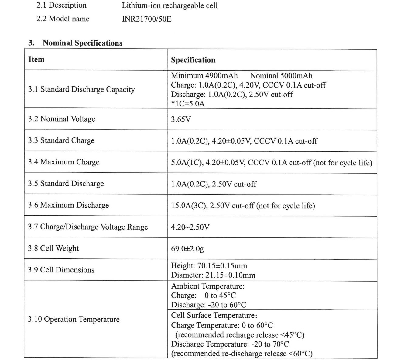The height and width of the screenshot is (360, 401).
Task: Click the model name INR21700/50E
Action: pos(146,19)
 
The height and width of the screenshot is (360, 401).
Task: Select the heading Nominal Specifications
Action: pos(82,43)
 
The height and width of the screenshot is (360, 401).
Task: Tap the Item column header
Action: pos(36,59)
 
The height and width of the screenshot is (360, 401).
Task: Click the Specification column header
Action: pos(193,60)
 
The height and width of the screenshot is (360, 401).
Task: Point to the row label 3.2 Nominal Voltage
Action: pos(62,119)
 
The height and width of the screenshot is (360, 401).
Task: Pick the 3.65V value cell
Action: pos(181,119)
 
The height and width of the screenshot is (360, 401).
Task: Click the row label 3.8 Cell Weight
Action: pos(53,248)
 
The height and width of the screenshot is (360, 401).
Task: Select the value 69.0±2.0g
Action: pos(187,249)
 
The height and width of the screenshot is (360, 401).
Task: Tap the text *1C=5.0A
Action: pos(188,104)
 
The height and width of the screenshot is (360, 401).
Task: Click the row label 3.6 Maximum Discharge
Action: pos(68,205)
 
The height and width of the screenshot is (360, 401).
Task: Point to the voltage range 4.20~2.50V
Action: pos(190,227)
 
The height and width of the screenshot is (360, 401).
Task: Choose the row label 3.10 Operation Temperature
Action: pos(74,319)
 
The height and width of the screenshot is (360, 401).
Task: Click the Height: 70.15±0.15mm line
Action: pos(209,265)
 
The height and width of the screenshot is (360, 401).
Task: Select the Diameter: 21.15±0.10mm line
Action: pos(213,275)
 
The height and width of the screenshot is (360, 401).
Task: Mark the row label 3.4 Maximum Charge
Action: pos(64,162)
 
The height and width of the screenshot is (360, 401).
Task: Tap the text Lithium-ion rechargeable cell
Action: pos(170,5)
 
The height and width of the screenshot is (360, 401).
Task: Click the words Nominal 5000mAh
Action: pos(281,76)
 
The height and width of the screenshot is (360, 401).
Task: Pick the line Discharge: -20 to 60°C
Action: pos(208,305)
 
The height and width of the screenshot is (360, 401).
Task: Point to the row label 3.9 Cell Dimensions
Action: pos(61,270)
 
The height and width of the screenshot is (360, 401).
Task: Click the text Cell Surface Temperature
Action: pos(213,315)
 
